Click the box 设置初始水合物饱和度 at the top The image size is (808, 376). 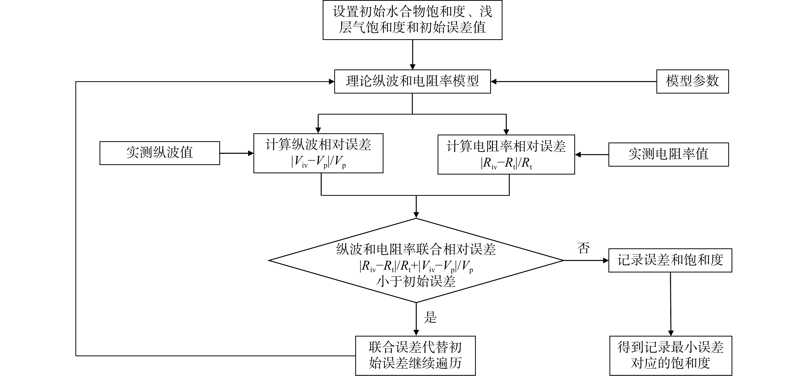412,20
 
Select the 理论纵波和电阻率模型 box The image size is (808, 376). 412,82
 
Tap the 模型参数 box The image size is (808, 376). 692,82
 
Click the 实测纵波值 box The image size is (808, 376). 159,153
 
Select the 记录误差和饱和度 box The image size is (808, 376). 670,260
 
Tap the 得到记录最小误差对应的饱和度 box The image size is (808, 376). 671,356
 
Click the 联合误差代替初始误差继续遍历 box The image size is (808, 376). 415,356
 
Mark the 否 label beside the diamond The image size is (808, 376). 583,248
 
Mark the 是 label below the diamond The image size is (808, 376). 430,317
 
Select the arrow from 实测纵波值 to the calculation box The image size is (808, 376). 237,153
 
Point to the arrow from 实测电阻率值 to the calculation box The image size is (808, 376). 592,155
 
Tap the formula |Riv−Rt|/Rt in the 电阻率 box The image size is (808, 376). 506,163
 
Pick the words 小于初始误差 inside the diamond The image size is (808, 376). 416,281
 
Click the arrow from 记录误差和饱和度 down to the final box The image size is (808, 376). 671,304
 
